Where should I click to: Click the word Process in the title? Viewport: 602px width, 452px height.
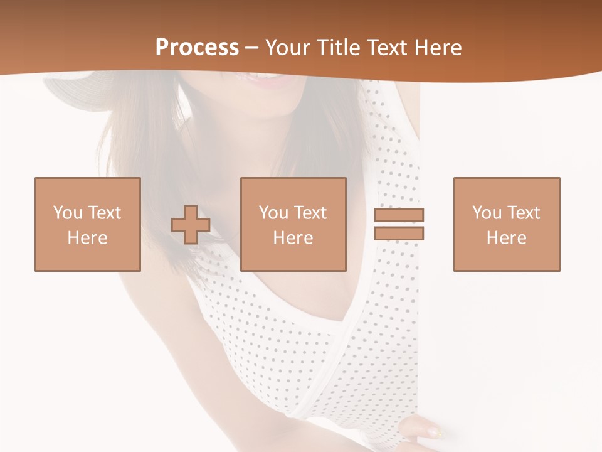coord(197,48)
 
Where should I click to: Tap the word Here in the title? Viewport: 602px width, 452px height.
coord(436,48)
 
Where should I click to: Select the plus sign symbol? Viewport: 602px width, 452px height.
coord(191,225)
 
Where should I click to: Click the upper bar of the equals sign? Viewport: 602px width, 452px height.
coord(399,215)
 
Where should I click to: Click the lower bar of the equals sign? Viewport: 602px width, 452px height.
coord(399,233)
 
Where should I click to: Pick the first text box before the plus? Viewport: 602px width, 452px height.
coord(88,224)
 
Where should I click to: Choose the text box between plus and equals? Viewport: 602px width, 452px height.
coord(293,224)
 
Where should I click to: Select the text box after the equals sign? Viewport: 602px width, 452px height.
coord(507,224)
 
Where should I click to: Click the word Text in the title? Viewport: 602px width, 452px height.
coord(387,48)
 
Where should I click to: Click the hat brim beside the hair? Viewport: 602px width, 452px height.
coord(69,91)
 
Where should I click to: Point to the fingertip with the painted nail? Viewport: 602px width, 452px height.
coord(433,431)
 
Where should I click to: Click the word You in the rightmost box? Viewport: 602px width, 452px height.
coord(487,213)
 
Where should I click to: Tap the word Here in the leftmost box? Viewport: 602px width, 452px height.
coord(87,238)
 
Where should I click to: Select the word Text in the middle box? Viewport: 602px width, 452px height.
coord(309,213)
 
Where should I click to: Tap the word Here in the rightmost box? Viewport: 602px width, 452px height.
coord(506,238)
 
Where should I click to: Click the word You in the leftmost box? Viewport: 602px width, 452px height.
coord(68,213)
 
